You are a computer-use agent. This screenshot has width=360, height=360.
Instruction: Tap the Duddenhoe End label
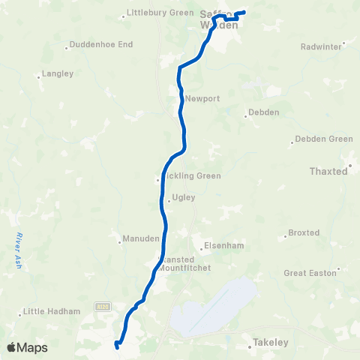(101, 45)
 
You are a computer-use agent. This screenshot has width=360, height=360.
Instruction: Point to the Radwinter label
(320, 46)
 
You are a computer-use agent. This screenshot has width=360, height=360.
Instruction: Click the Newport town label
(202, 98)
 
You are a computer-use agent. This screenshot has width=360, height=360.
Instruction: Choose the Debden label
(265, 113)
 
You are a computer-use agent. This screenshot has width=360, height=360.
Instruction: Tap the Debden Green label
(323, 139)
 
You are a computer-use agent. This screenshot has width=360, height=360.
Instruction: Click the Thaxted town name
(329, 171)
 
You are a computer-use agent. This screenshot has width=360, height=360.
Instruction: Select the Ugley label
(184, 198)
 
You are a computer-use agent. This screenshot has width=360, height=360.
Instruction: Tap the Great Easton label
(310, 273)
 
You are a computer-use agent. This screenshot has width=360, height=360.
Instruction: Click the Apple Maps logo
(27, 347)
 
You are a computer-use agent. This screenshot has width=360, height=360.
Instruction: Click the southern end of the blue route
(117, 346)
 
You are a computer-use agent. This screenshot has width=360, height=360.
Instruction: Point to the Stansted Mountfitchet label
(185, 262)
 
